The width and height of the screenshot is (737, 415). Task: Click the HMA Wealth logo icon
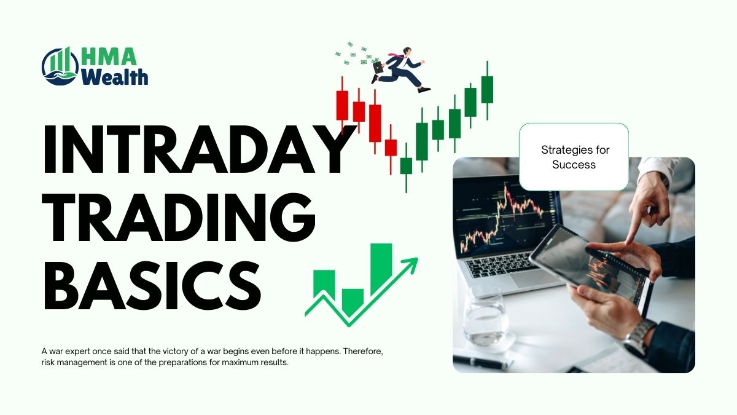[61, 66]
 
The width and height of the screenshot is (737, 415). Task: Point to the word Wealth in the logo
[115, 77]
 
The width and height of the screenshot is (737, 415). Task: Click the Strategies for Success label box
[574, 157]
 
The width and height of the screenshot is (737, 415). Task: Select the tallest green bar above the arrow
[381, 269]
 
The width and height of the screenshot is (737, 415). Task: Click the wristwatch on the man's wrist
[640, 336]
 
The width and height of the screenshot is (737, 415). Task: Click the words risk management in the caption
[71, 362]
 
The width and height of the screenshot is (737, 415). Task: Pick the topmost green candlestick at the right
[487, 89]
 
